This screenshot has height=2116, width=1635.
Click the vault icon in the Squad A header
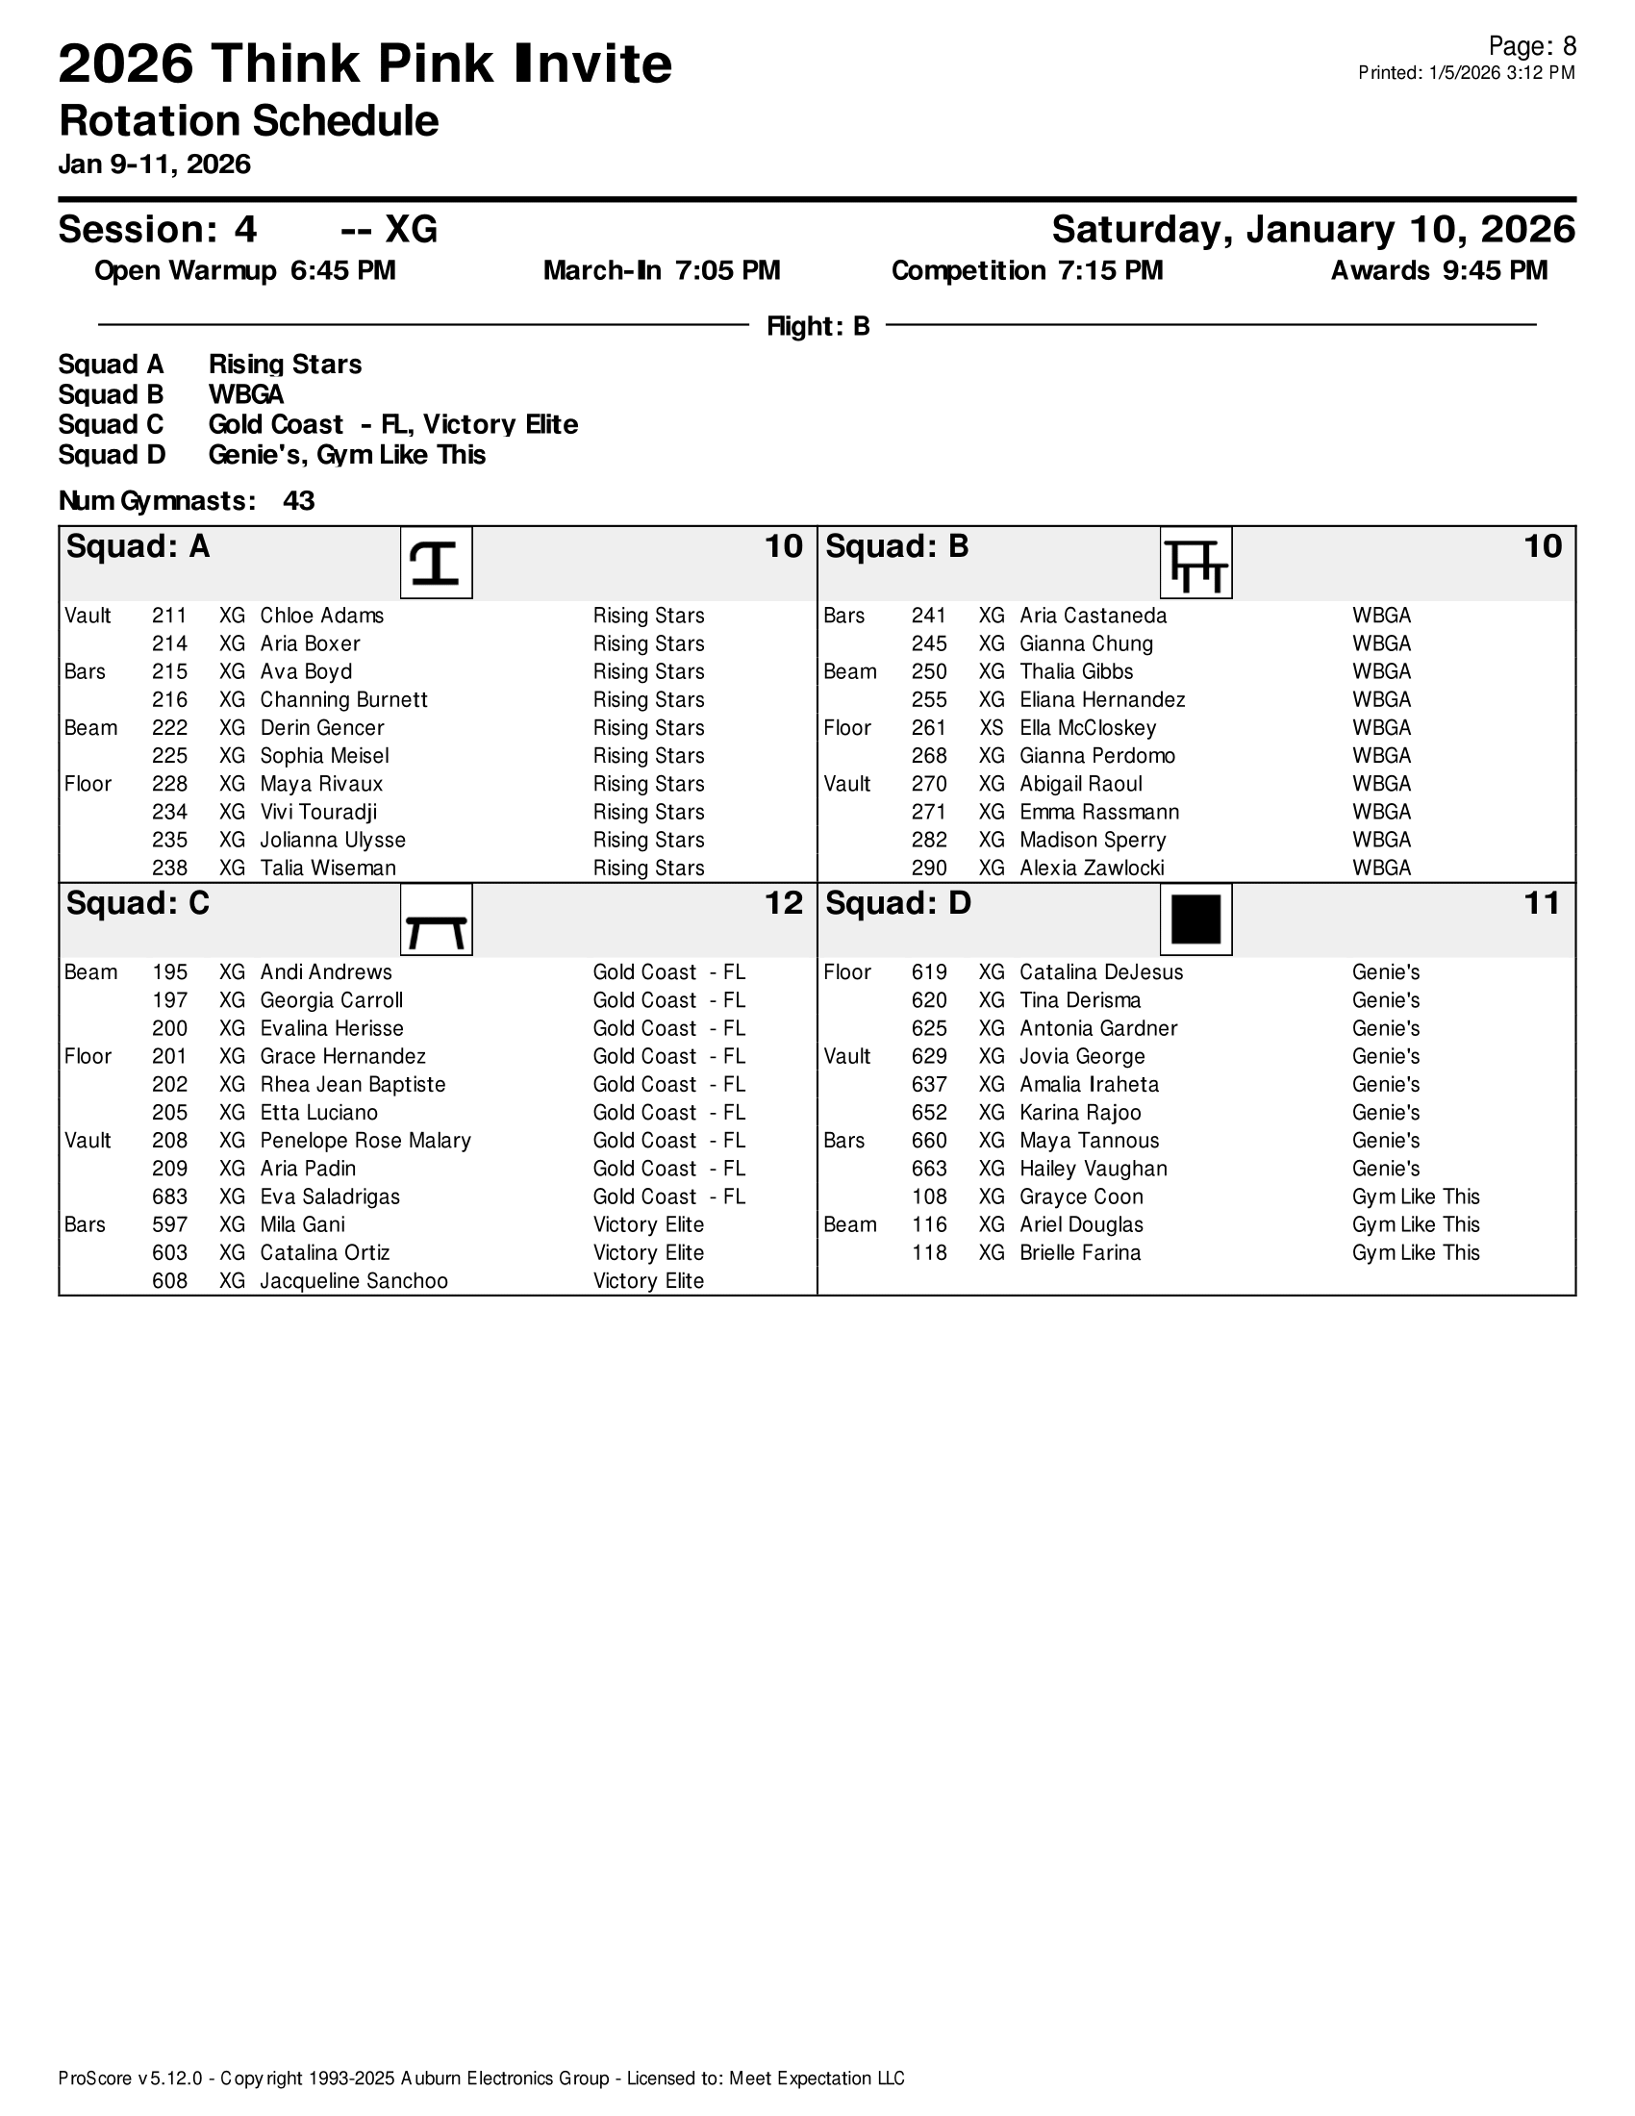pos(436,563)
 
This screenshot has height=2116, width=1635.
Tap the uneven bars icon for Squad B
pos(1196,563)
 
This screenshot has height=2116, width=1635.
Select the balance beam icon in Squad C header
pos(436,919)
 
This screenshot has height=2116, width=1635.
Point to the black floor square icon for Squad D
pos(1196,919)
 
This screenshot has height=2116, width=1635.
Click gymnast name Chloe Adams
pos(321,617)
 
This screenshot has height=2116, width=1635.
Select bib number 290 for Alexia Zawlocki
pos(929,869)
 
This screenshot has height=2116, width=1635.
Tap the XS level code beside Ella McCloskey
pos(991,728)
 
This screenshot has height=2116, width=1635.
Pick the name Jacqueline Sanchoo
pos(354,1281)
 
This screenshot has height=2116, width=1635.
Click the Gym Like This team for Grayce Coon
pos(1415,1197)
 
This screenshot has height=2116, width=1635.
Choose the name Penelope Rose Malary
pos(365,1141)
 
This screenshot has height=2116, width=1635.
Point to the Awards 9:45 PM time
pos(1439,271)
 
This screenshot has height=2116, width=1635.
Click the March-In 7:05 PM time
pos(662,271)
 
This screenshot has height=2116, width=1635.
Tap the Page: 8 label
pos(1531,46)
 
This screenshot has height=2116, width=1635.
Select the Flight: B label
pos(817,326)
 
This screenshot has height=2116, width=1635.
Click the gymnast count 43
pos(298,501)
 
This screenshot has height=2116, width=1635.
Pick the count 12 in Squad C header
pos(784,904)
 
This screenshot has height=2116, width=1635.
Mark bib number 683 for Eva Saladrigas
pos(169,1197)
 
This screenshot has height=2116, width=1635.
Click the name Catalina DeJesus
pos(1101,972)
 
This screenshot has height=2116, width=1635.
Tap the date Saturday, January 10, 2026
pos(1313,230)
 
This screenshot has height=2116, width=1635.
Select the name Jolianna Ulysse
pos(332,840)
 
